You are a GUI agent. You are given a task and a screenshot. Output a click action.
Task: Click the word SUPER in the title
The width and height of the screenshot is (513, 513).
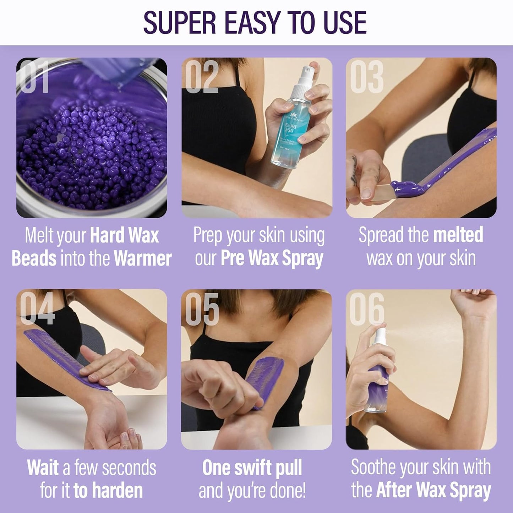[180, 23]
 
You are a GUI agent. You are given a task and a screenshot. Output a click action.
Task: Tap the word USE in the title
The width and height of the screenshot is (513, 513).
[345, 23]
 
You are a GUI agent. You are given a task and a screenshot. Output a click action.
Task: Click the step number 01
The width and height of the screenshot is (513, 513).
[34, 77]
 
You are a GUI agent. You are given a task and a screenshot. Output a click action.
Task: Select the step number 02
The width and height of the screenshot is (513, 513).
[201, 77]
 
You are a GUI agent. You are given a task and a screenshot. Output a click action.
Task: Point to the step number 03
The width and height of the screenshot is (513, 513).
[366, 77]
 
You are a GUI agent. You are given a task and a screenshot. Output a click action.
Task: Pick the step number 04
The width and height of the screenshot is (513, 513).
[37, 309]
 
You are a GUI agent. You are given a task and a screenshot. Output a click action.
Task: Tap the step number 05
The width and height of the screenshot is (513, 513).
[202, 309]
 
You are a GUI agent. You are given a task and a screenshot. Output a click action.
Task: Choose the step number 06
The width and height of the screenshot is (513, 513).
[367, 309]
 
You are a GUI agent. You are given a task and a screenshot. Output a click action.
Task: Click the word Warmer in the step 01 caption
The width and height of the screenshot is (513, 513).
[143, 258]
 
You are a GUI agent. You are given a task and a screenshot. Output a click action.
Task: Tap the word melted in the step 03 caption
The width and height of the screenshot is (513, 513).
[458, 235]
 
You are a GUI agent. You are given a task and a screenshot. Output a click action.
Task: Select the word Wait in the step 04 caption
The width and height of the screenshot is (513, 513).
[43, 468]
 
